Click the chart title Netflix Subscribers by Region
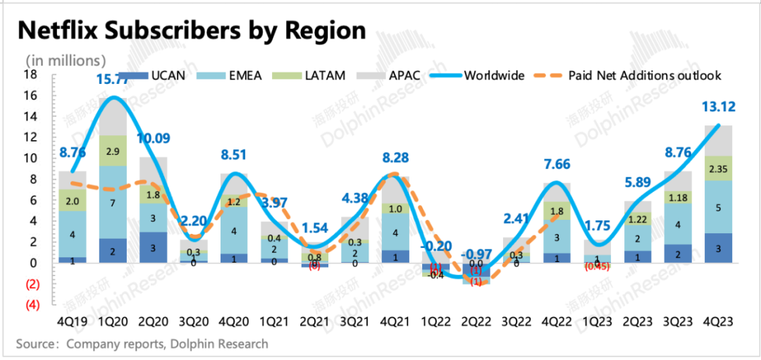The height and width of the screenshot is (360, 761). point(192,31)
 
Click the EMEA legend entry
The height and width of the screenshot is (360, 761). point(244,75)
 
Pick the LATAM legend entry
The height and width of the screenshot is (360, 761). point(325,75)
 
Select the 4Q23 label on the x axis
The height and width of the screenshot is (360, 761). point(717,321)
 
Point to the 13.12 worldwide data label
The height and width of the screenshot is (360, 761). point(716,107)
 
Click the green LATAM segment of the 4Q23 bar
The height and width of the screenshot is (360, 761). point(717,168)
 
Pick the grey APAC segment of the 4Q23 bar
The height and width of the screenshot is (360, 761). point(717,140)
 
